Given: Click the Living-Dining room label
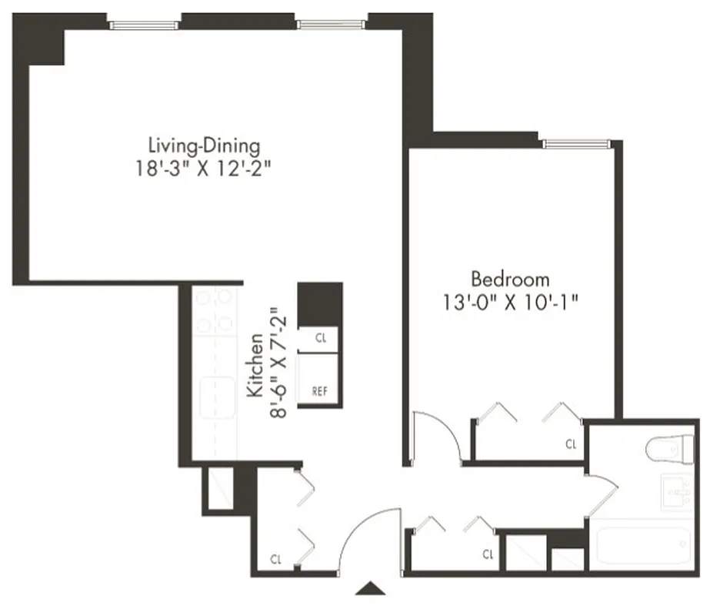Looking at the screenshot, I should click(203, 145).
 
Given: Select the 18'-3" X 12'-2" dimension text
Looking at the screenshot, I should click(203, 169).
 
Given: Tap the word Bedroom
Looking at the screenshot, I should click(511, 279).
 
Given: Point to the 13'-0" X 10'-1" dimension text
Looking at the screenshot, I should click(511, 303).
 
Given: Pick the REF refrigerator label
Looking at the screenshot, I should click(320, 391).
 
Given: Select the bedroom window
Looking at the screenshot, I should click(576, 144).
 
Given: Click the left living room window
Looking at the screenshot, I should click(145, 25).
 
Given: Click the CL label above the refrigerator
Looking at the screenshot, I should click(321, 337).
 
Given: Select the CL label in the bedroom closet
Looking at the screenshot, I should click(571, 444).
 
